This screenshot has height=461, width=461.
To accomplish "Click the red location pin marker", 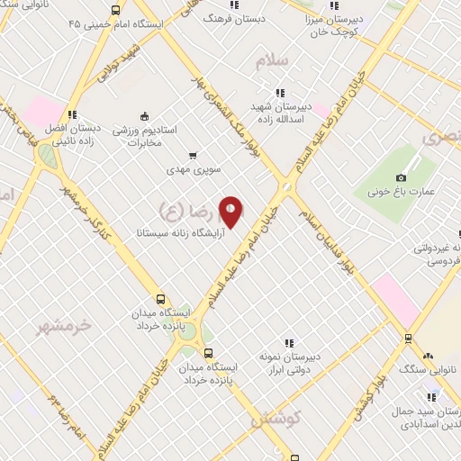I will (x=231, y=212).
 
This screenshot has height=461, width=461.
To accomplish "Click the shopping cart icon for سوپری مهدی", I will (x=192, y=155).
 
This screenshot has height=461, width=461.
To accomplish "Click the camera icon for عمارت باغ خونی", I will (x=402, y=177).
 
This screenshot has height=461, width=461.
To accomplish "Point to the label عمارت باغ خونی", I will (x=402, y=192).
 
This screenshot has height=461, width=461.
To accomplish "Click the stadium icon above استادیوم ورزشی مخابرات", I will (x=144, y=115).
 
